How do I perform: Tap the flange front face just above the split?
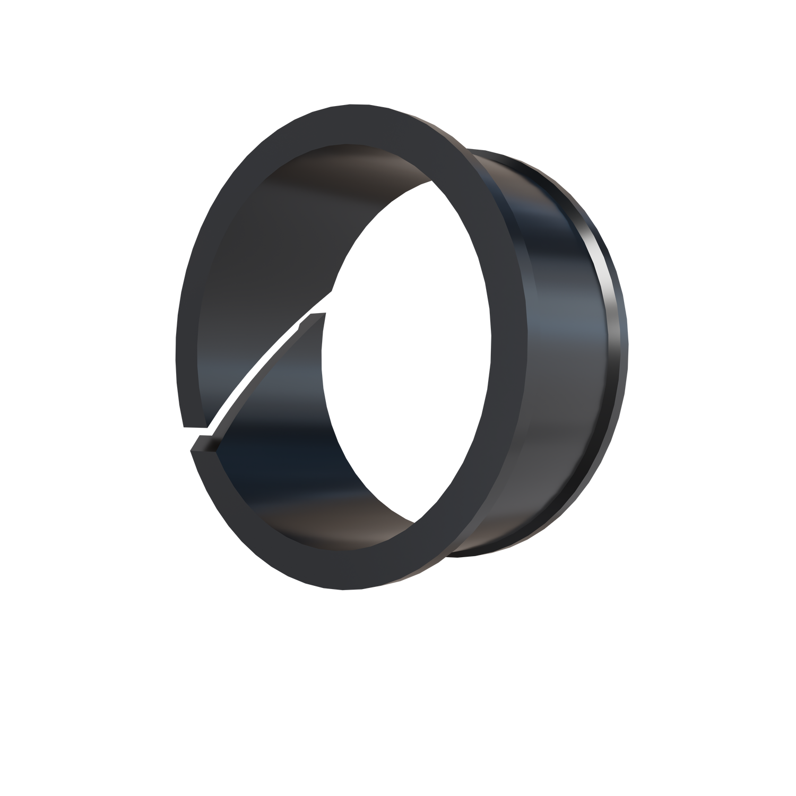coord(186,403)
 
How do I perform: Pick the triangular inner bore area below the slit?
coord(265,451)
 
